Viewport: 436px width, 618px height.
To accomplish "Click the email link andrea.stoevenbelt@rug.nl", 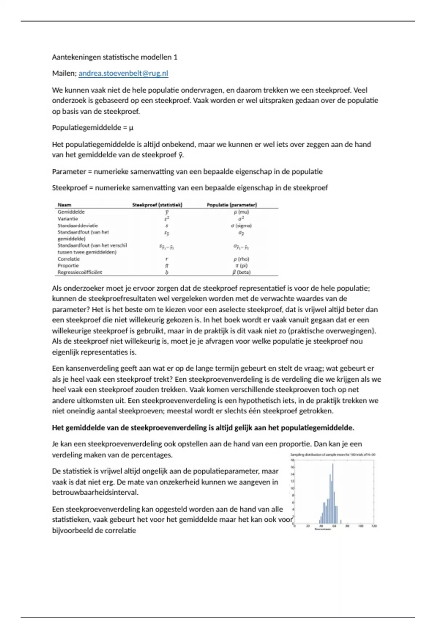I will pos(123,73).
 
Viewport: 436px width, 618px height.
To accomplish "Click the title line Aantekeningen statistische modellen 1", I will pos(114,57).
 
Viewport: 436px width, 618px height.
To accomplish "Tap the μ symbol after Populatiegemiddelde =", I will pos(131,128).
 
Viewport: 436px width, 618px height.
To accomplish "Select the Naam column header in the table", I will pos(64,205).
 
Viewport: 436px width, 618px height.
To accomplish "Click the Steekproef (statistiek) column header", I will pos(157,205).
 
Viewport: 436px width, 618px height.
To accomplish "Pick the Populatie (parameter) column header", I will pos(232,205).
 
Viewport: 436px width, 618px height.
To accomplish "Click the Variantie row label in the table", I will pos(68,219).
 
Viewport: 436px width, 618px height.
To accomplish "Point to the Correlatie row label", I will pos(68,259).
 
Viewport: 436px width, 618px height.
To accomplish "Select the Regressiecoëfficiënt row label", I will pos(80,272).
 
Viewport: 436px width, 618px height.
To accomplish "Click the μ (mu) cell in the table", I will pos(241,212).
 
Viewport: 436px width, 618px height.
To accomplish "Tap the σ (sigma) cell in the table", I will pos(241,225).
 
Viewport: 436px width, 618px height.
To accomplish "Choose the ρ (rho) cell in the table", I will pos(241,259).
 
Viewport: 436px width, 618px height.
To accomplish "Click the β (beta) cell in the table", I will pos(241,272).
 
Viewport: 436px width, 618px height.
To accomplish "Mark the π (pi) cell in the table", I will pos(241,265).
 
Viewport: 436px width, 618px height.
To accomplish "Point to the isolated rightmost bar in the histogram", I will pos(340,522).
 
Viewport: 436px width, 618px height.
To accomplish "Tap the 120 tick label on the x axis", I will pos(374,526).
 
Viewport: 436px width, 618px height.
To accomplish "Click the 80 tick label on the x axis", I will pos(347,526).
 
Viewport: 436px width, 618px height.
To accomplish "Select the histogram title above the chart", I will pos(332,455).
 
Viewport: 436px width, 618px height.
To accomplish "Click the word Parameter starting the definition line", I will pos(69,172).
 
